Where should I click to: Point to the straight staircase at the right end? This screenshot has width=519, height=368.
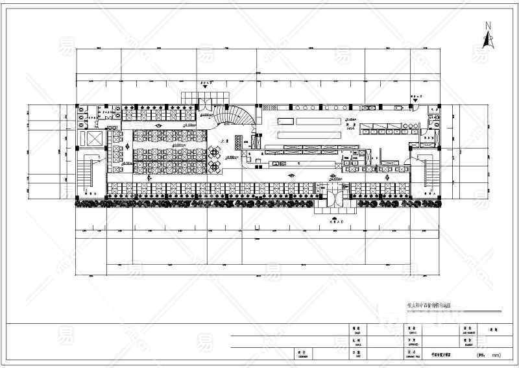(x=428, y=171)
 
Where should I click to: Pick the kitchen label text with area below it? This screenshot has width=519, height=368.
(x=351, y=126)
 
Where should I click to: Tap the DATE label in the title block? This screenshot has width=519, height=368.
(x=356, y=355)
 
